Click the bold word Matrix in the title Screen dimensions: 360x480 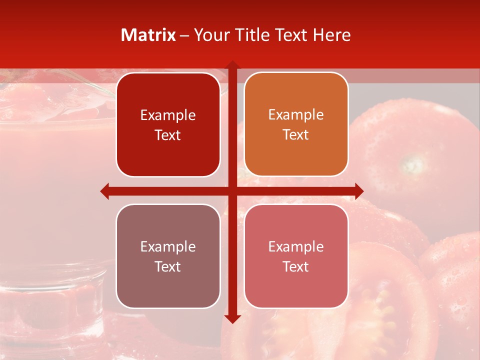148,35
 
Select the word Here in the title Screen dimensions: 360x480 332,35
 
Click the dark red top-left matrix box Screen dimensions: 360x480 168,124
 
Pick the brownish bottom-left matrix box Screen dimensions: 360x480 168,256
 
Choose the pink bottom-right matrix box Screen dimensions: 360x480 296,256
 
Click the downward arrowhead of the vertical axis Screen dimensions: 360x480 232,318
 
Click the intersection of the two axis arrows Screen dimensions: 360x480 232,191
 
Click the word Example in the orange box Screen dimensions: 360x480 296,114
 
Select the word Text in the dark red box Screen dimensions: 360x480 168,135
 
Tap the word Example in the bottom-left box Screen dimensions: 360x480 168,246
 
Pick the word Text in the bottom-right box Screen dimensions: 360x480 296,267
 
